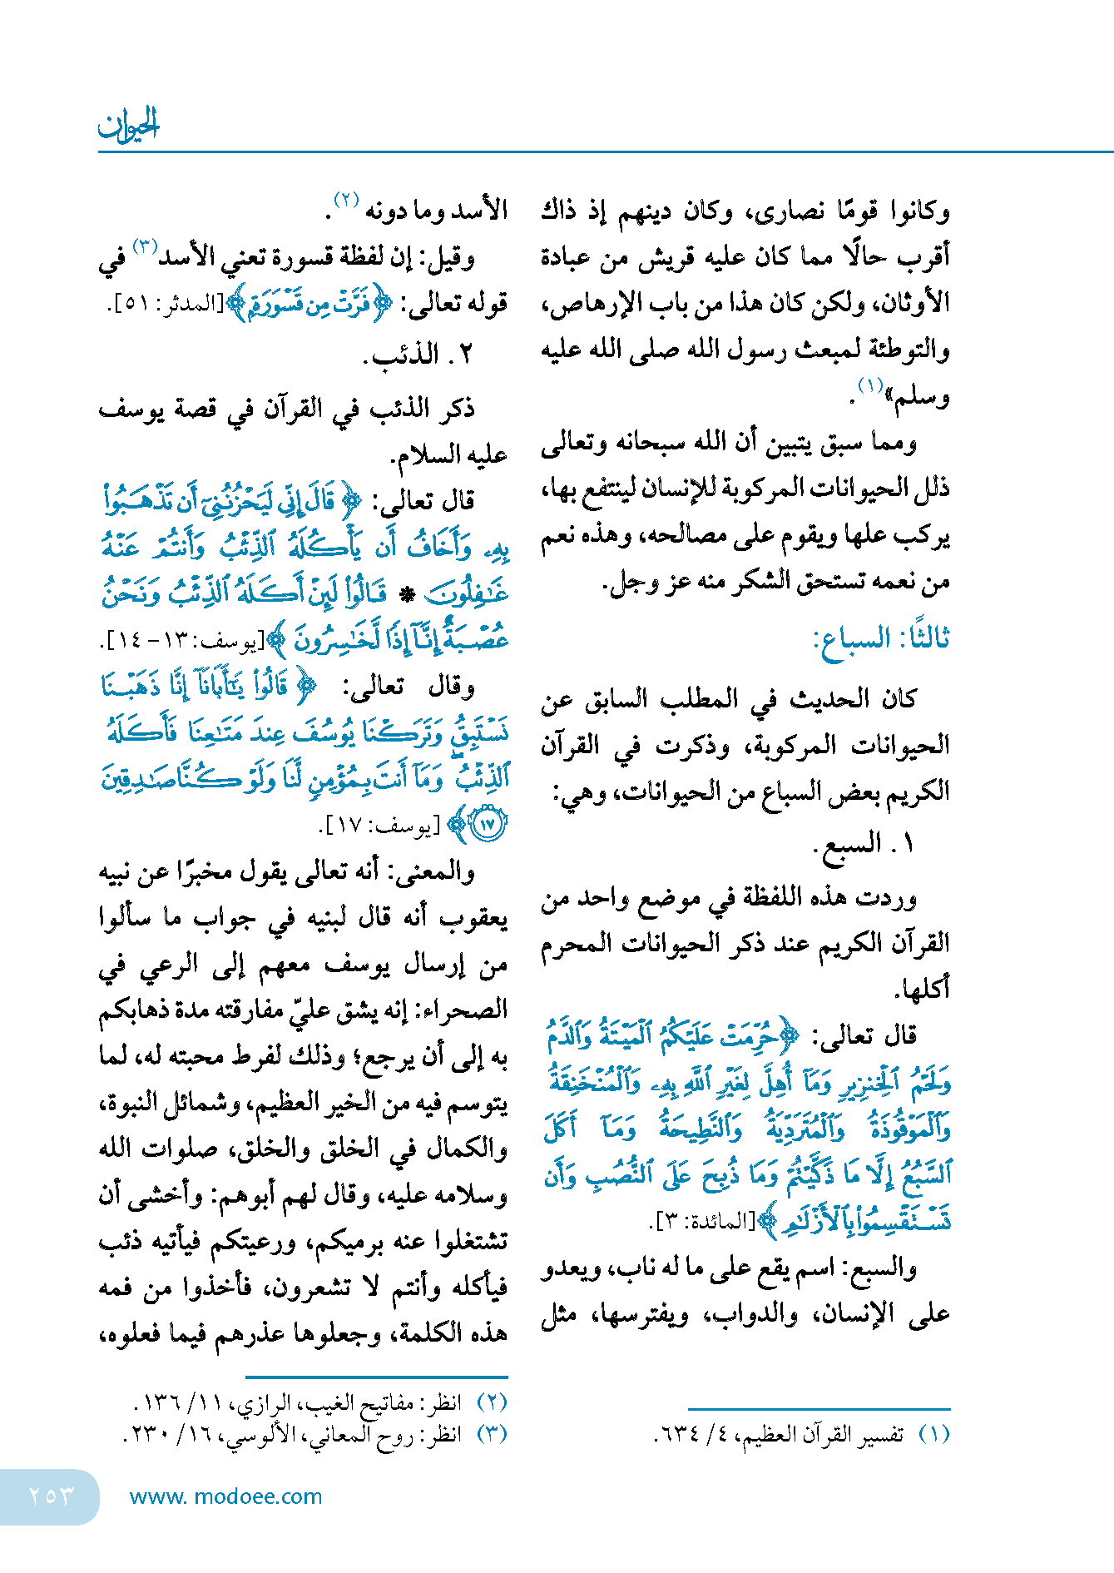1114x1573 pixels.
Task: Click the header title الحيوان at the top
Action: click(x=129, y=125)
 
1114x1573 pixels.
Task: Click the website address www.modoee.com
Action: click(x=225, y=1496)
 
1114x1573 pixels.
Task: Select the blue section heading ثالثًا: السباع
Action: click(x=881, y=639)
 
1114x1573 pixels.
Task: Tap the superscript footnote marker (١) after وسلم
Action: click(x=870, y=386)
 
